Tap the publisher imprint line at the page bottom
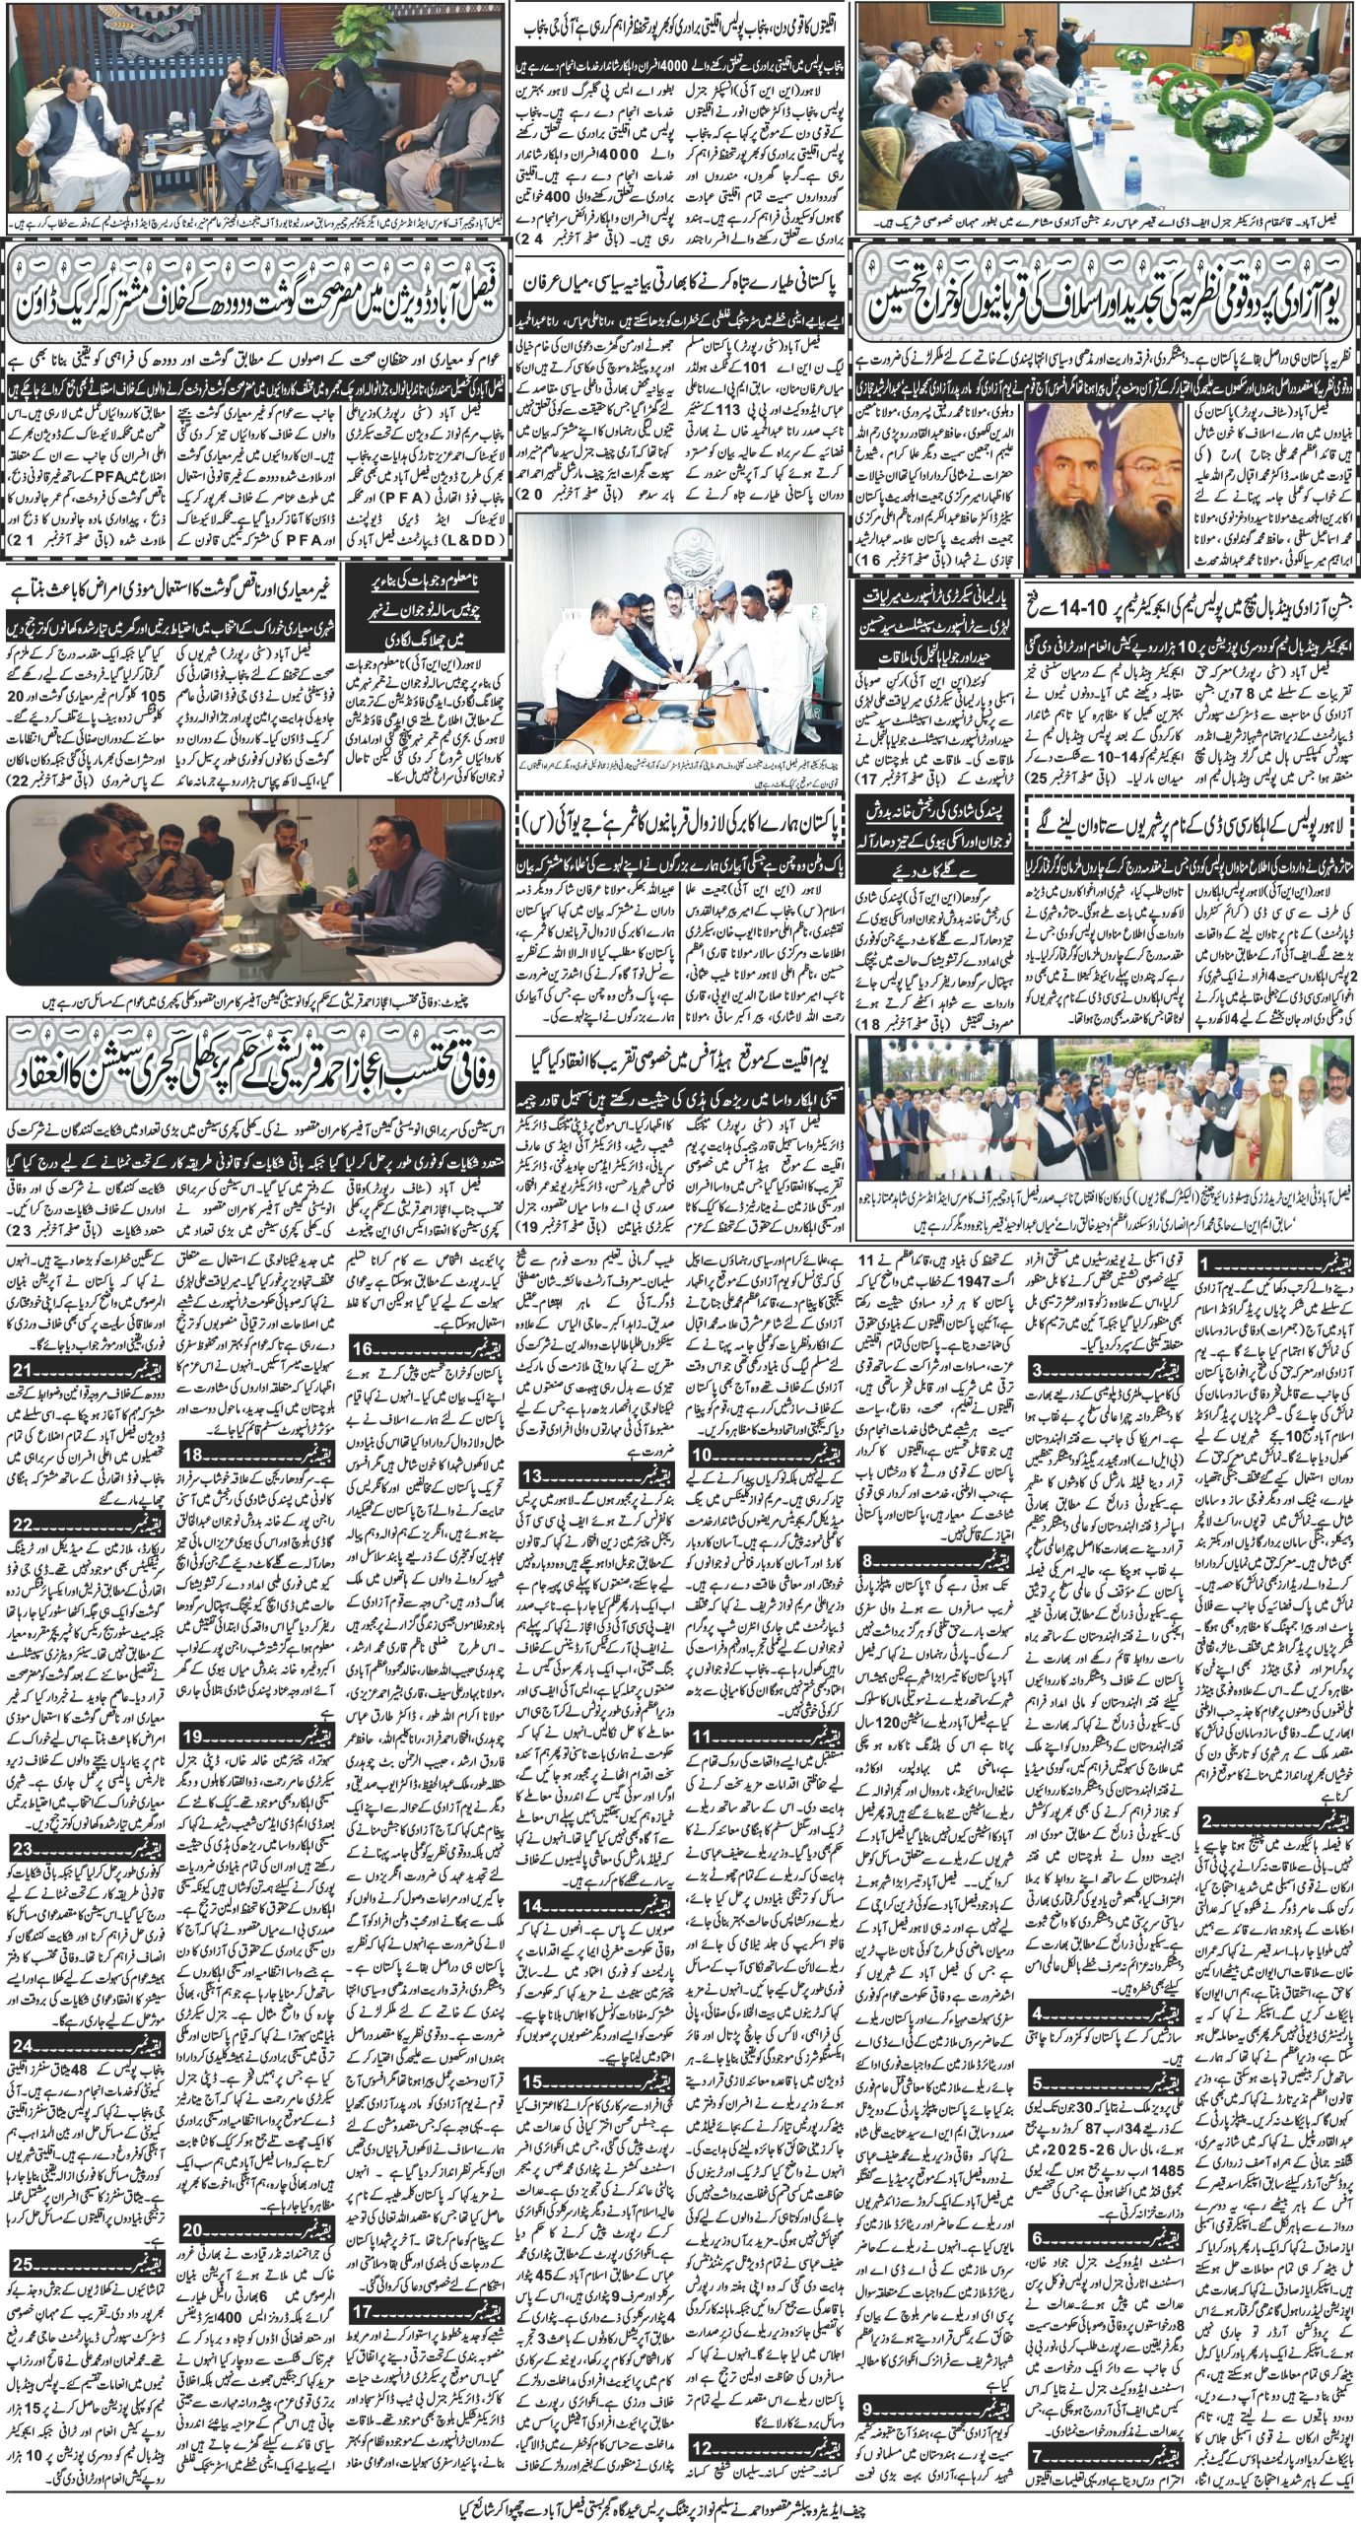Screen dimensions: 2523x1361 (680, 2497)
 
